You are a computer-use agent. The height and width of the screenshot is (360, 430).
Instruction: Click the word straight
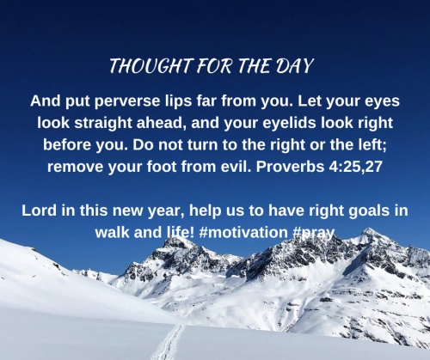[103, 123]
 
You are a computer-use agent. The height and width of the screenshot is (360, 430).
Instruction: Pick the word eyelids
[289, 123]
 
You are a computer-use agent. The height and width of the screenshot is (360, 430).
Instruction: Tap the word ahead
[160, 123]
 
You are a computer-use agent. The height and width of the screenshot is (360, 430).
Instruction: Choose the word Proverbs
[290, 167]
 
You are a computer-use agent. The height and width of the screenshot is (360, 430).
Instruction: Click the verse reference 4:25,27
[356, 167]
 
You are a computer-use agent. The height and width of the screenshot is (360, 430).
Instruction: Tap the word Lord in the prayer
[39, 211]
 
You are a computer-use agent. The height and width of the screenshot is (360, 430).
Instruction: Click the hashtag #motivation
[243, 232]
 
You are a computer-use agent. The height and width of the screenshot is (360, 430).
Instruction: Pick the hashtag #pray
[314, 233]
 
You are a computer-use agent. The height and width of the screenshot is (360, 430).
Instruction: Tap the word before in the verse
[67, 144]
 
